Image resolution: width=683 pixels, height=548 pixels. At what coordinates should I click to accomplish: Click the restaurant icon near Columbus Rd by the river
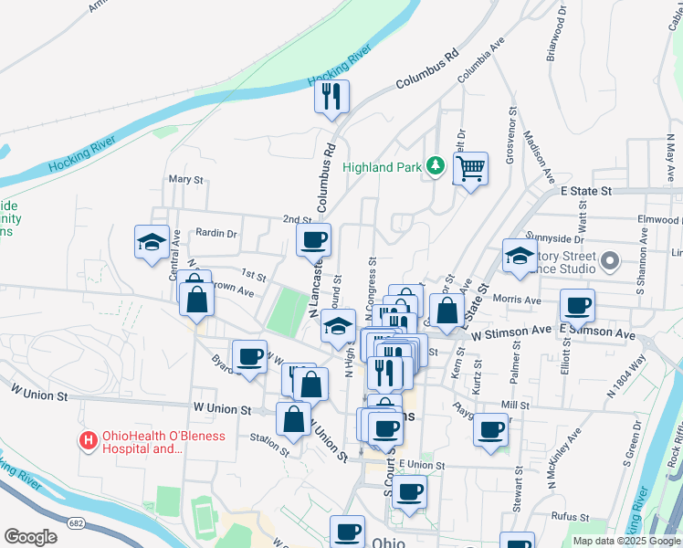(x=331, y=95)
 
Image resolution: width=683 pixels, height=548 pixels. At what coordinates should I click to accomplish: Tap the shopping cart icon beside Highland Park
(x=470, y=168)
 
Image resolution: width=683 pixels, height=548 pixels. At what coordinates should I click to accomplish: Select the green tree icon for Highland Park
(x=436, y=166)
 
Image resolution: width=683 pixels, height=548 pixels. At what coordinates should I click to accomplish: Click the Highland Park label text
(x=382, y=167)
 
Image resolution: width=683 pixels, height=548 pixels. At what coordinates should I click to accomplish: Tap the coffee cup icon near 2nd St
(x=313, y=240)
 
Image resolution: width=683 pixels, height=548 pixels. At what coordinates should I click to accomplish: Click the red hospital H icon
(x=89, y=441)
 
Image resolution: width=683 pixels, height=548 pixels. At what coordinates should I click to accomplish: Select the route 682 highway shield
(x=75, y=521)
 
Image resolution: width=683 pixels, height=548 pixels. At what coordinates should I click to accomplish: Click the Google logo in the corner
(x=31, y=537)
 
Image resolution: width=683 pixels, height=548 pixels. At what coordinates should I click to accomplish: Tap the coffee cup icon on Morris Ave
(x=577, y=305)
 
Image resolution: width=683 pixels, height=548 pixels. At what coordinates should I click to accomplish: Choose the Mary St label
(x=185, y=180)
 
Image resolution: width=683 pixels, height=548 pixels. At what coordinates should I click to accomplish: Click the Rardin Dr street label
(x=216, y=233)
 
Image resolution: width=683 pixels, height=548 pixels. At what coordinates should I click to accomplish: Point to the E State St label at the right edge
(x=584, y=191)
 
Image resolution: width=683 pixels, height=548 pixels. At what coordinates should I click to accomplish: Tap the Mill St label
(x=515, y=404)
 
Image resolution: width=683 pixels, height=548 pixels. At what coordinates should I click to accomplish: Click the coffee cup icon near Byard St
(x=249, y=356)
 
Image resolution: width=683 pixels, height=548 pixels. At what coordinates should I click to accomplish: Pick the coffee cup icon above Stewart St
(x=491, y=428)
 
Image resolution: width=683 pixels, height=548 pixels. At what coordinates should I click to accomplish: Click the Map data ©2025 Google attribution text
(x=626, y=541)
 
